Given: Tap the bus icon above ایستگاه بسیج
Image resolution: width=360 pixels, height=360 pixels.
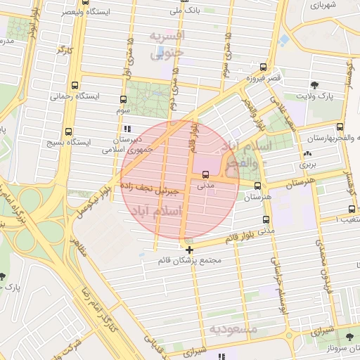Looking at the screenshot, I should pyautogui.click(x=68, y=131).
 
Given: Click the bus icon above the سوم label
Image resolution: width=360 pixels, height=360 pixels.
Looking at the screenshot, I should pyautogui.click(x=124, y=99).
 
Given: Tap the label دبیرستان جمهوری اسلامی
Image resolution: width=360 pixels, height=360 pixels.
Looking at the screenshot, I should pyautogui.click(x=127, y=144).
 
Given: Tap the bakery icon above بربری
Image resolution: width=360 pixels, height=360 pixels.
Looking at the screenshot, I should pyautogui.click(x=307, y=154).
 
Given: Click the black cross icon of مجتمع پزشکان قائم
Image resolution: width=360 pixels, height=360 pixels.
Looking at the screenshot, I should pyautogui.click(x=190, y=249).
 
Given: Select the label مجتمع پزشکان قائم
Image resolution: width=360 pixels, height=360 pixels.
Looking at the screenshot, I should pyautogui.click(x=191, y=260).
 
